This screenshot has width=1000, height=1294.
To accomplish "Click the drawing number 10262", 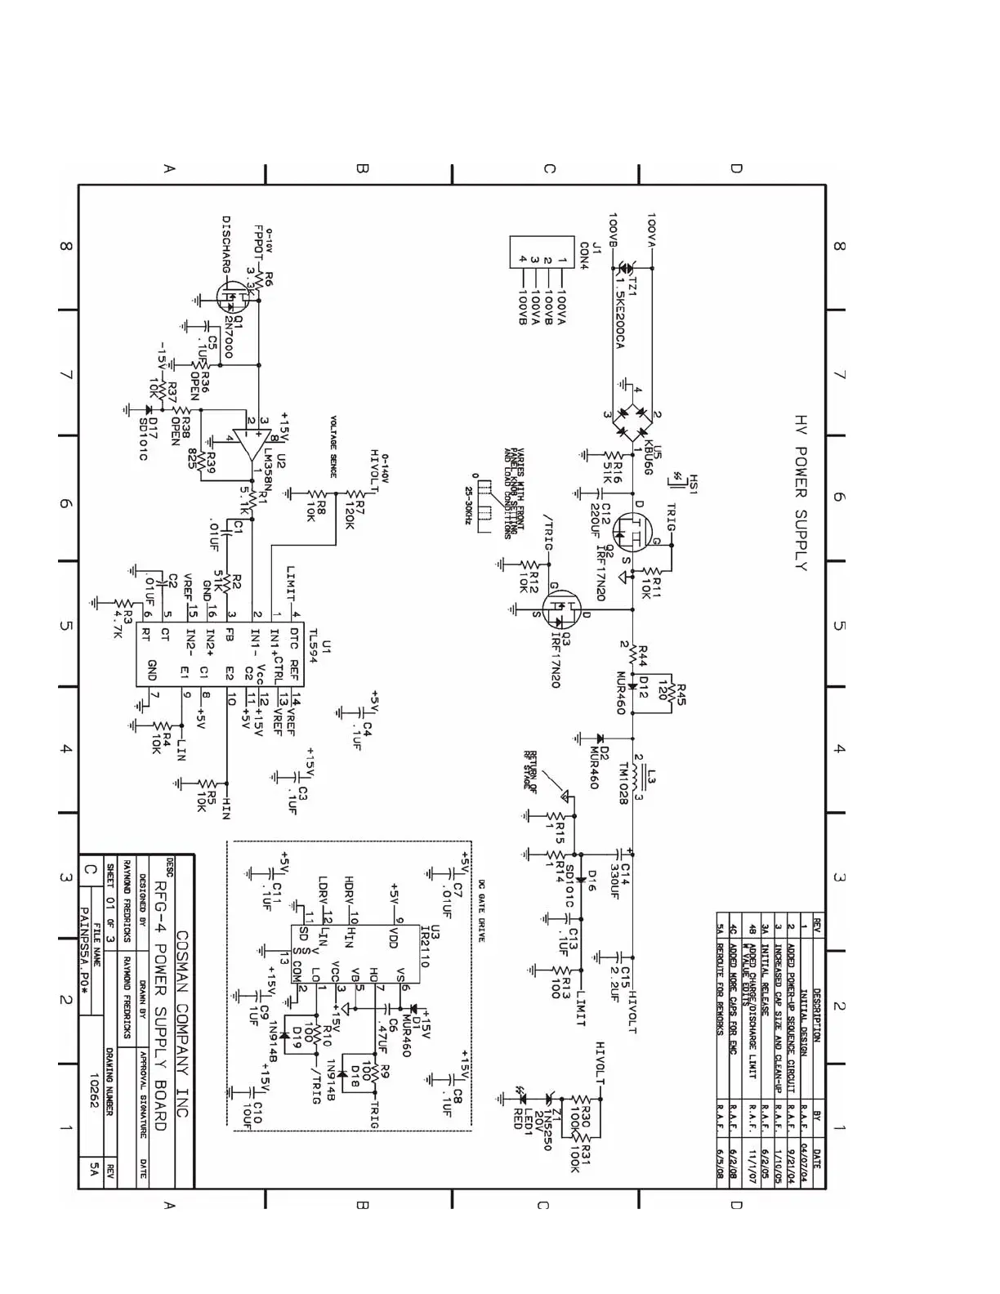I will click(x=95, y=1090).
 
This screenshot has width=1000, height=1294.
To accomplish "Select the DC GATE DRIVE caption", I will click(x=481, y=910).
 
